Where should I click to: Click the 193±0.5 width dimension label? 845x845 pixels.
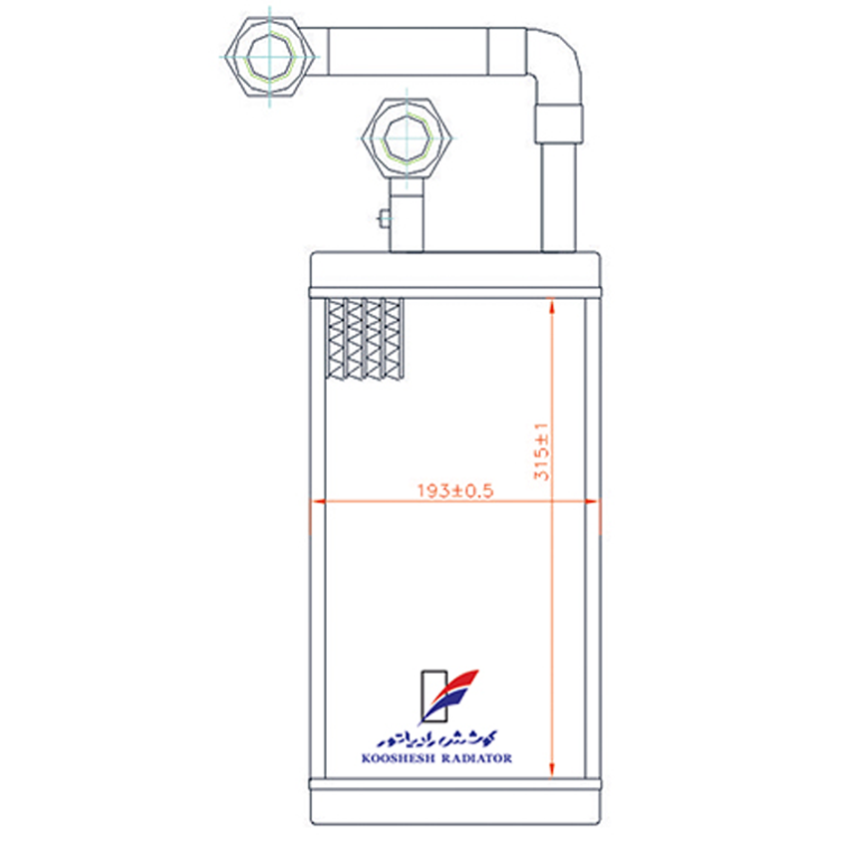point(455,490)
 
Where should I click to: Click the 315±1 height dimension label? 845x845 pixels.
point(541,451)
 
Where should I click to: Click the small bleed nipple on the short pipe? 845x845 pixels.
point(385,218)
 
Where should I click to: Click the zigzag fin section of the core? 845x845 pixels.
point(365,340)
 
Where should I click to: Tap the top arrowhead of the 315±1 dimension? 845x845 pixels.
point(551,306)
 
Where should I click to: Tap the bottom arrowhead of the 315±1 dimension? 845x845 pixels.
point(551,769)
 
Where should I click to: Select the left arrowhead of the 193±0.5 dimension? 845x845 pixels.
point(319,501)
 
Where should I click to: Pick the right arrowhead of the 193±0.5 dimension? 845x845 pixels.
point(592,501)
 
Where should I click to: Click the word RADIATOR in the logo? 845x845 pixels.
point(477,758)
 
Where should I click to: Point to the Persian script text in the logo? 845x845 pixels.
point(437,738)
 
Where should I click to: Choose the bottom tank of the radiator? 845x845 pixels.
point(455,807)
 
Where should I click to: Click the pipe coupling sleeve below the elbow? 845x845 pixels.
point(559,125)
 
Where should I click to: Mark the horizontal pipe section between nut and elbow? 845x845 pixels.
point(408,52)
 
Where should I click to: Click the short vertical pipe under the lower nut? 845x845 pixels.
point(407,215)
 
